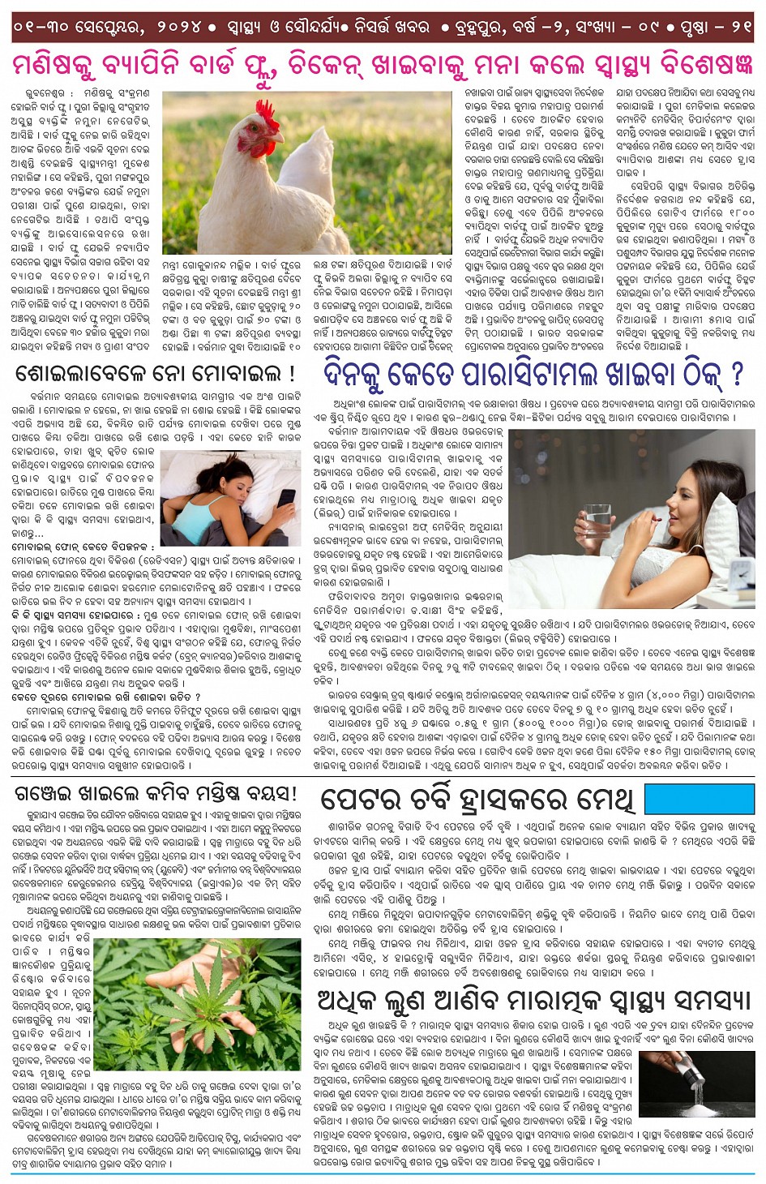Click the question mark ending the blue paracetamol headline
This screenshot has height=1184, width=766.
pyautogui.click(x=736, y=374)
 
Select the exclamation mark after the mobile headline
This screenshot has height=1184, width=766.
pyautogui.click(x=293, y=375)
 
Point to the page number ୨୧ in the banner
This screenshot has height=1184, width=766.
pyautogui.click(x=740, y=27)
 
